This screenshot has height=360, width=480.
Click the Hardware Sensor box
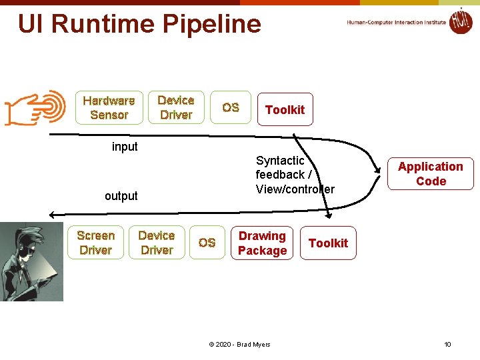click(109, 107)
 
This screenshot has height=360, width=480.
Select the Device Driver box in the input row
click(176, 107)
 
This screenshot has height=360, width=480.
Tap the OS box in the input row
click(231, 107)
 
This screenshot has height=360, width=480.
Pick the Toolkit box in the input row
click(285, 110)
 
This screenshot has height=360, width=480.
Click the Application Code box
click(431, 174)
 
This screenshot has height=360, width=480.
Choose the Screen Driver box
click(95, 243)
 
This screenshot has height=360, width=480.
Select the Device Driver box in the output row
click(157, 243)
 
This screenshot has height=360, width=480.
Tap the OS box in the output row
click(207, 243)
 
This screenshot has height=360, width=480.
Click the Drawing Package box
click(262, 243)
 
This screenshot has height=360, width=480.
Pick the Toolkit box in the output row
click(328, 243)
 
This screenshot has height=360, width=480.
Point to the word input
click(125, 147)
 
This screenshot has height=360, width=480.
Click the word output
click(121, 196)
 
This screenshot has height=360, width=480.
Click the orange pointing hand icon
click(35, 107)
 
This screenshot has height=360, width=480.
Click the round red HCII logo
click(461, 21)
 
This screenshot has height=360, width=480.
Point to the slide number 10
click(447, 344)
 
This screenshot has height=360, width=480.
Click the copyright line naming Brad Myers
click(239, 344)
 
